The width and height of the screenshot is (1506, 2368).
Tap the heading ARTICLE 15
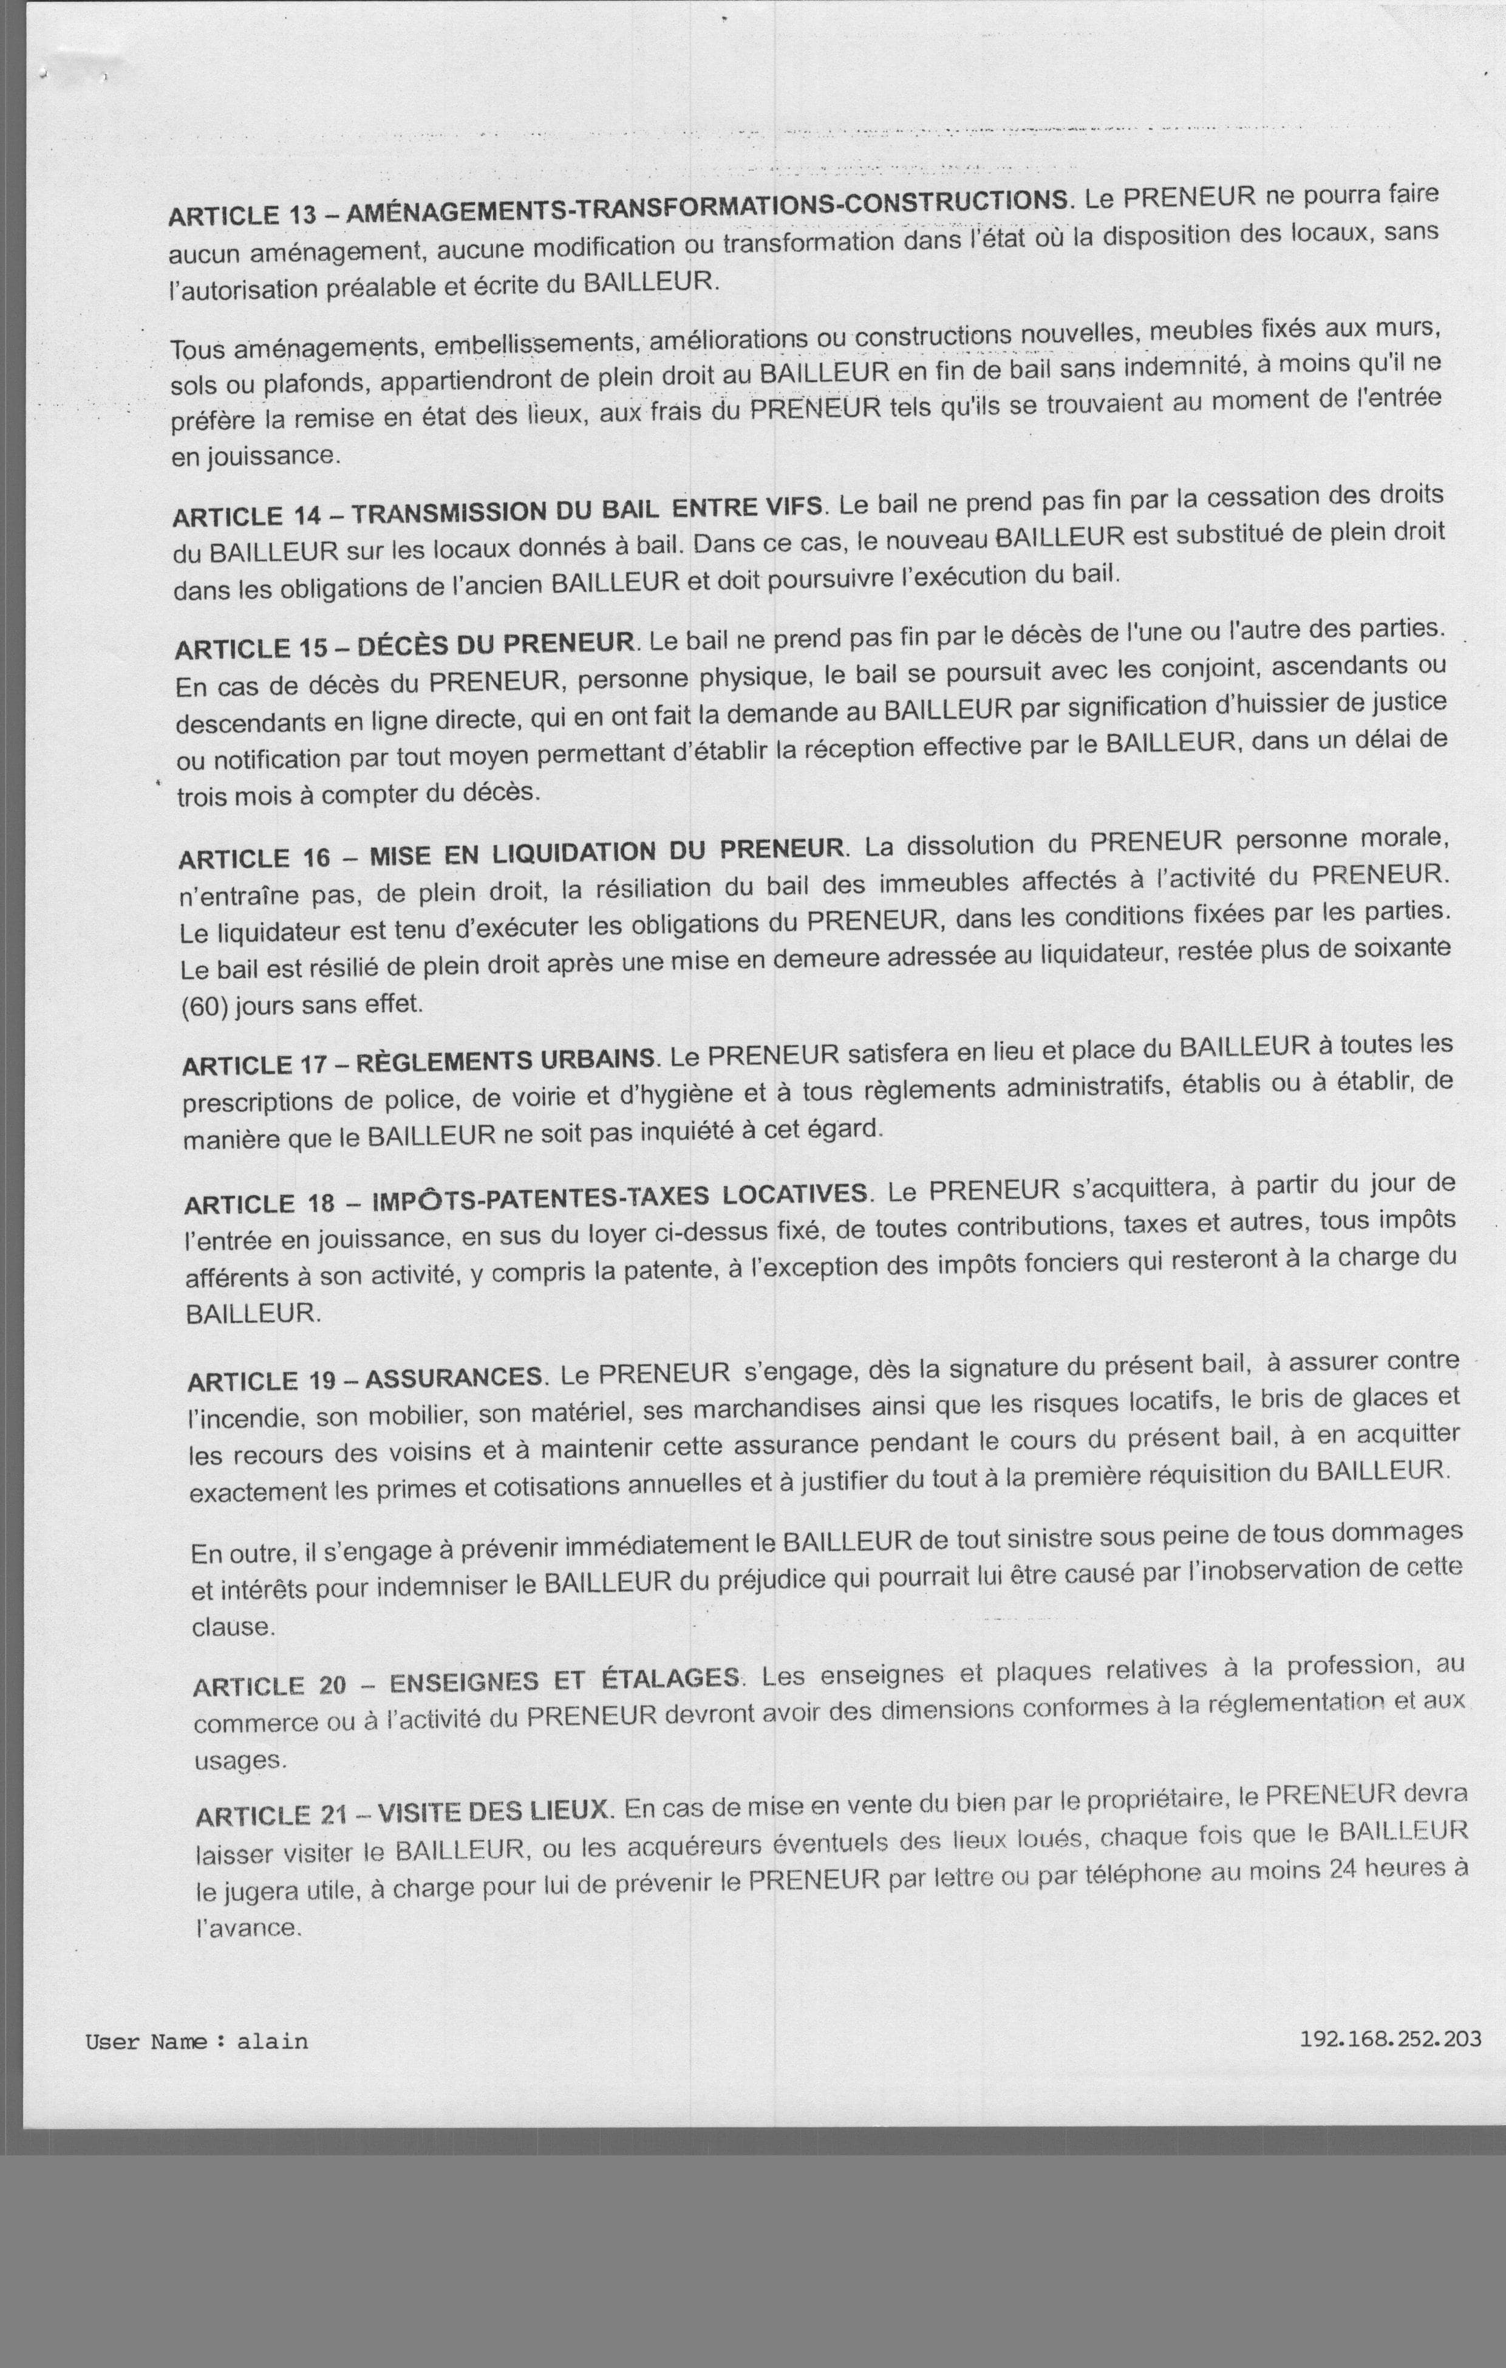(250, 649)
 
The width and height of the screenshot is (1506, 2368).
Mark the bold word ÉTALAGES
(669, 1678)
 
